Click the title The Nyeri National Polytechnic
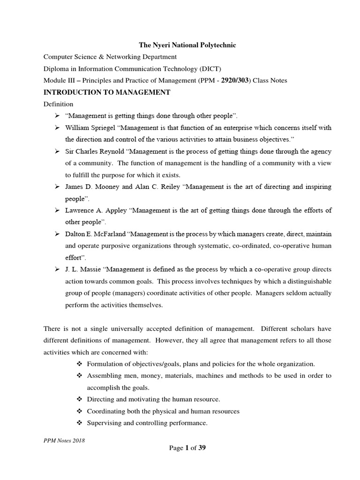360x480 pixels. (x=187, y=45)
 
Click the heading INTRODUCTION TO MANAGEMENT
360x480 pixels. (x=106, y=92)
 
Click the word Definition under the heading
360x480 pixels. (x=58, y=104)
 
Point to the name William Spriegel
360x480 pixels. (x=90, y=127)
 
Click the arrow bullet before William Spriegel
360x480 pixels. (x=56, y=127)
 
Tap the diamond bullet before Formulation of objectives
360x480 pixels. (x=79, y=364)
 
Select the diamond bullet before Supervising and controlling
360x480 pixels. (x=79, y=423)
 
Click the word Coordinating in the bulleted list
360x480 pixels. (x=106, y=411)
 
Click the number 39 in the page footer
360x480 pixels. (x=202, y=448)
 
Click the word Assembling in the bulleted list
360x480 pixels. (x=104, y=376)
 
